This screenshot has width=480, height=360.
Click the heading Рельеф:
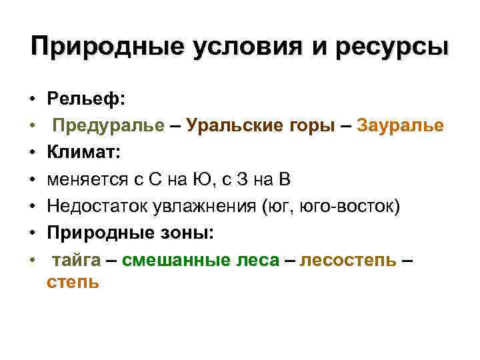(x=85, y=99)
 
